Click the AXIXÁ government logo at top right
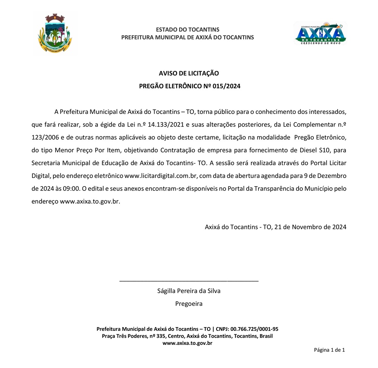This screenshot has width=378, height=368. tap(320, 33)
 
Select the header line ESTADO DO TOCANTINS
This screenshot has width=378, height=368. tap(187, 30)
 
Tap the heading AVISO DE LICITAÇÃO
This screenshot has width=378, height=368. tap(189, 73)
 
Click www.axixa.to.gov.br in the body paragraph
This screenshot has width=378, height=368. tap(90, 201)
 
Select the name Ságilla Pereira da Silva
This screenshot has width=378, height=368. tap(189, 291)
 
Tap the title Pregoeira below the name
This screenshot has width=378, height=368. tap(189, 304)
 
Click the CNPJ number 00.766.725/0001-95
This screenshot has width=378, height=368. tap(254, 329)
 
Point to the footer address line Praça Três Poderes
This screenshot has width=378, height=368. tap(187, 336)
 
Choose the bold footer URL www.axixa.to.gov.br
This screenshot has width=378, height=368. tap(187, 343)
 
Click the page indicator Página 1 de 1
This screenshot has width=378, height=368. tap(329, 350)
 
